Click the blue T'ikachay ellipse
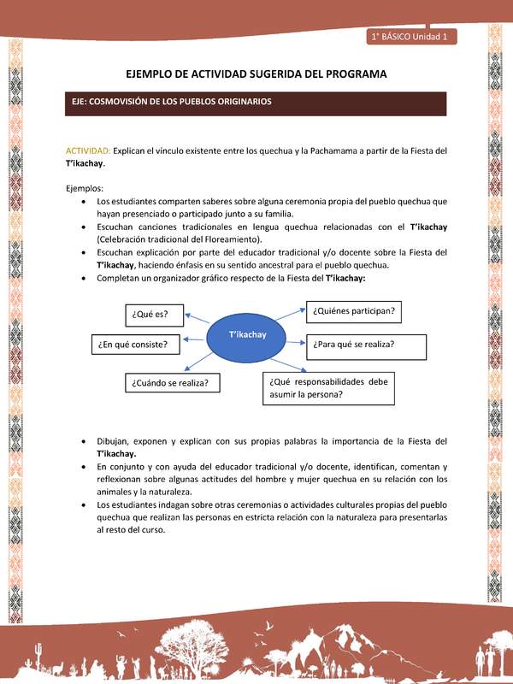point(248,334)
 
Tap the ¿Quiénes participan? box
point(355,312)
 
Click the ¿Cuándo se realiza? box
point(172,382)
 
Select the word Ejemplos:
point(84,188)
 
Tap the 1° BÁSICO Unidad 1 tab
point(414,37)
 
